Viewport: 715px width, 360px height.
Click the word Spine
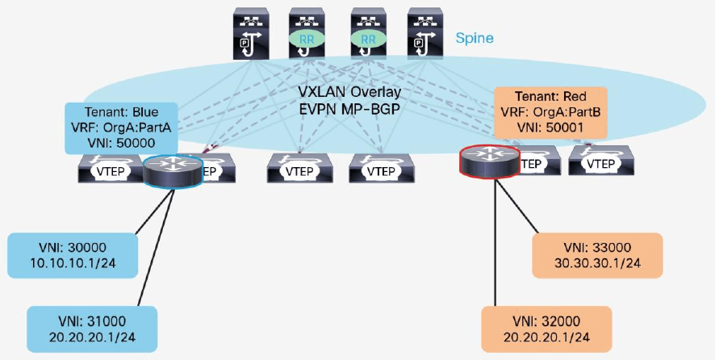pyautogui.click(x=475, y=38)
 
